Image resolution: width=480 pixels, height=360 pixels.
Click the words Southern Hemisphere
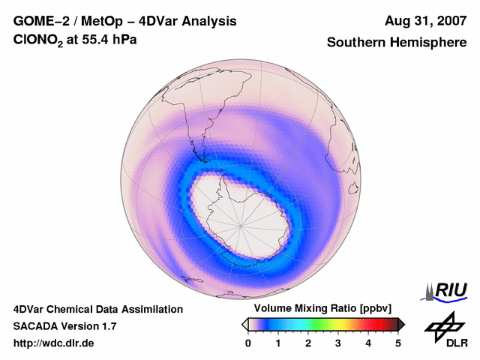pyautogui.click(x=397, y=43)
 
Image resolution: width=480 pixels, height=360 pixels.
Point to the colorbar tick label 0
pyautogui.click(x=248, y=343)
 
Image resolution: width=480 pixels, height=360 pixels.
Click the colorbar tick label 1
pyautogui.click(x=278, y=343)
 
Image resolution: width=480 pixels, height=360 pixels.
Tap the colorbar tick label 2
pyautogui.click(x=308, y=343)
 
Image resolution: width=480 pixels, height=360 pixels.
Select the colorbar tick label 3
pyautogui.click(x=338, y=343)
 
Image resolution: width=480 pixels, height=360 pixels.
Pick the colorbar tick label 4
pyautogui.click(x=368, y=343)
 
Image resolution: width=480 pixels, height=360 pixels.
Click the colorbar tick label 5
pyautogui.click(x=398, y=343)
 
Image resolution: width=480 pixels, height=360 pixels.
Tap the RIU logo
pyautogui.click(x=446, y=291)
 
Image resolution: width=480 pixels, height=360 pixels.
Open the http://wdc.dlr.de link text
pyautogui.click(x=54, y=343)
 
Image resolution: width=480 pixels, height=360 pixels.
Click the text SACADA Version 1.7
pyautogui.click(x=64, y=326)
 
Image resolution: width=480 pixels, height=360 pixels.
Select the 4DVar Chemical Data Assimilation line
pyautogui.click(x=97, y=309)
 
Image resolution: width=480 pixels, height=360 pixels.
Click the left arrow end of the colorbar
pyautogui.click(x=244, y=324)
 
